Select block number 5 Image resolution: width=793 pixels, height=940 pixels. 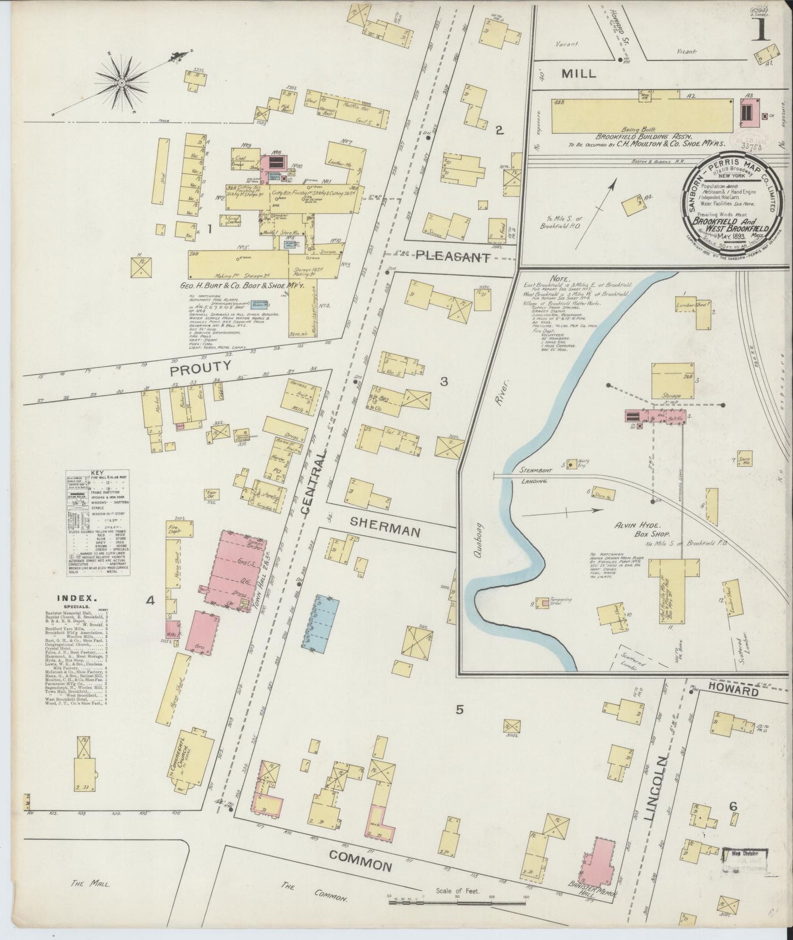click(460, 710)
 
